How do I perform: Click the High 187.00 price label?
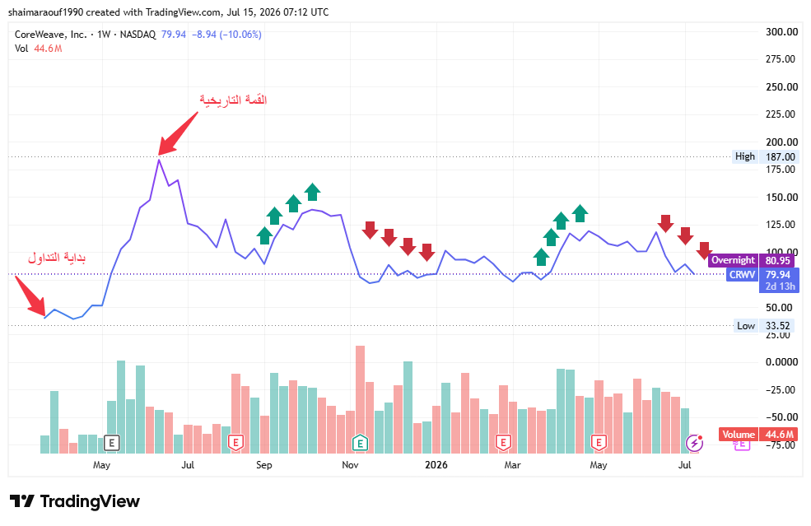(764, 156)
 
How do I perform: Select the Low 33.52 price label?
(763, 326)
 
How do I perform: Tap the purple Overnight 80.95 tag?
(751, 260)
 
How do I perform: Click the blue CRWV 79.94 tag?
(763, 275)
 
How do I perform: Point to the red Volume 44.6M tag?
(757, 435)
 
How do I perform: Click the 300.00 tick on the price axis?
(781, 32)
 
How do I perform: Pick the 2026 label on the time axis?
(436, 465)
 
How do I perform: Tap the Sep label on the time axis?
(263, 465)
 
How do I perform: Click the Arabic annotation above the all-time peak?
(233, 100)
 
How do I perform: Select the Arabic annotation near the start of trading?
(57, 258)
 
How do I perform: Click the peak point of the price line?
(159, 160)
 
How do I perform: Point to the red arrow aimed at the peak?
(178, 133)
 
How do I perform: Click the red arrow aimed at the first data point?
(30, 296)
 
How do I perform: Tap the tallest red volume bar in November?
(360, 399)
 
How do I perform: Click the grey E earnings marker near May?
(111, 443)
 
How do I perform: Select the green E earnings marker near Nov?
(360, 443)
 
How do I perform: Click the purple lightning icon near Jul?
(694, 443)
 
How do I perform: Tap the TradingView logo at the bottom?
(75, 501)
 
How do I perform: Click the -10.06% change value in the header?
(240, 35)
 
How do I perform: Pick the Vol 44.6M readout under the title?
(38, 49)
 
